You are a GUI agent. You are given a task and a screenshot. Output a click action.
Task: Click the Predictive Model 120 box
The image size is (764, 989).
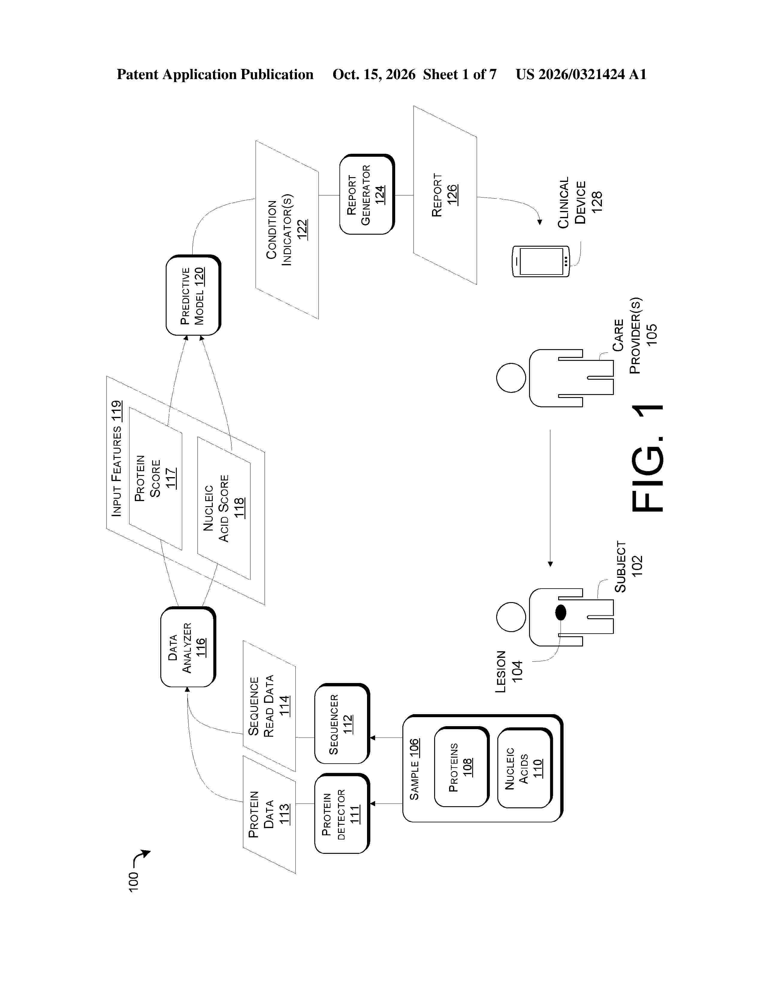pyautogui.click(x=193, y=295)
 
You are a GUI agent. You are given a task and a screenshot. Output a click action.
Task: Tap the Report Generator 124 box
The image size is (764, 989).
pyautogui.click(x=367, y=194)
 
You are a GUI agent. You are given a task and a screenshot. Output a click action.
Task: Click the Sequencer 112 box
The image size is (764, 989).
pyautogui.click(x=342, y=724)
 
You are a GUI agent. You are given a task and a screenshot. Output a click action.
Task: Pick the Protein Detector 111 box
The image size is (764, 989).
pyautogui.click(x=342, y=813)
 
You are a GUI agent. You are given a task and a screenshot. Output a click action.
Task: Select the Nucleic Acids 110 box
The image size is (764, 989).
pyautogui.click(x=525, y=768)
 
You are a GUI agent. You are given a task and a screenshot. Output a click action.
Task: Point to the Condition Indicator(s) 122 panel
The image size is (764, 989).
pyautogui.click(x=287, y=230)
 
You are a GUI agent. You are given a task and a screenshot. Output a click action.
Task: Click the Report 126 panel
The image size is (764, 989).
pyautogui.click(x=445, y=195)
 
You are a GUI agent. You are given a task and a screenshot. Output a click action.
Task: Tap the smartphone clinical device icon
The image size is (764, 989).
pyautogui.click(x=540, y=261)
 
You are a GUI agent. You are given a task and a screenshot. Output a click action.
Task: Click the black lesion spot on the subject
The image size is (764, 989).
pyautogui.click(x=561, y=612)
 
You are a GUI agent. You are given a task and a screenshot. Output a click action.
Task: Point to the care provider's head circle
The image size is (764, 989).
pyautogui.click(x=511, y=378)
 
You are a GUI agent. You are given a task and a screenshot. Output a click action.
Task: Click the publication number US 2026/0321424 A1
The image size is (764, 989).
pyautogui.click(x=581, y=74)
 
